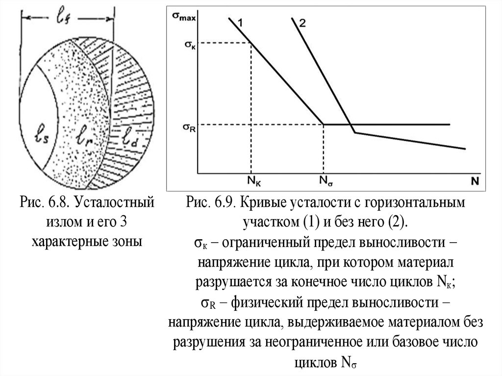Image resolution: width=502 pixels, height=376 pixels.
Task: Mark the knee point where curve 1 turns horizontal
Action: [323, 125]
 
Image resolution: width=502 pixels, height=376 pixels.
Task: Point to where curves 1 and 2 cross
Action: [351, 125]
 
